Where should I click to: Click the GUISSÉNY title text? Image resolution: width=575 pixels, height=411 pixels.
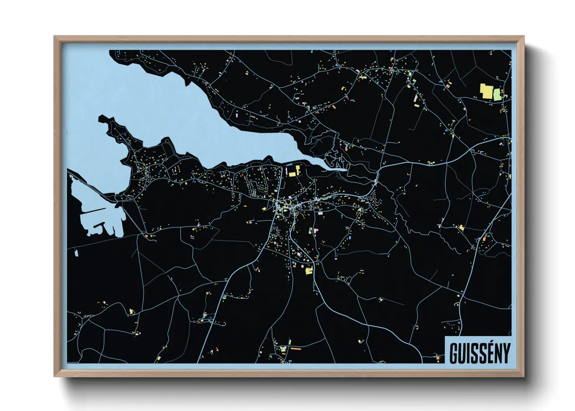[479, 353]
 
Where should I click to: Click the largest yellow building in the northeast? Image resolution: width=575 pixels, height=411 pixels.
[486, 91]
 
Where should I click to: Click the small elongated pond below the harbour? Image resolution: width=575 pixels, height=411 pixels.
[76, 253]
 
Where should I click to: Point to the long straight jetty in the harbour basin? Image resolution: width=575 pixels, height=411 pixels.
[93, 211]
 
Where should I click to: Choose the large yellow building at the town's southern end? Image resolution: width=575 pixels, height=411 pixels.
[309, 271]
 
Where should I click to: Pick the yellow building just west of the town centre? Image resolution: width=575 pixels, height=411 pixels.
[264, 209]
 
